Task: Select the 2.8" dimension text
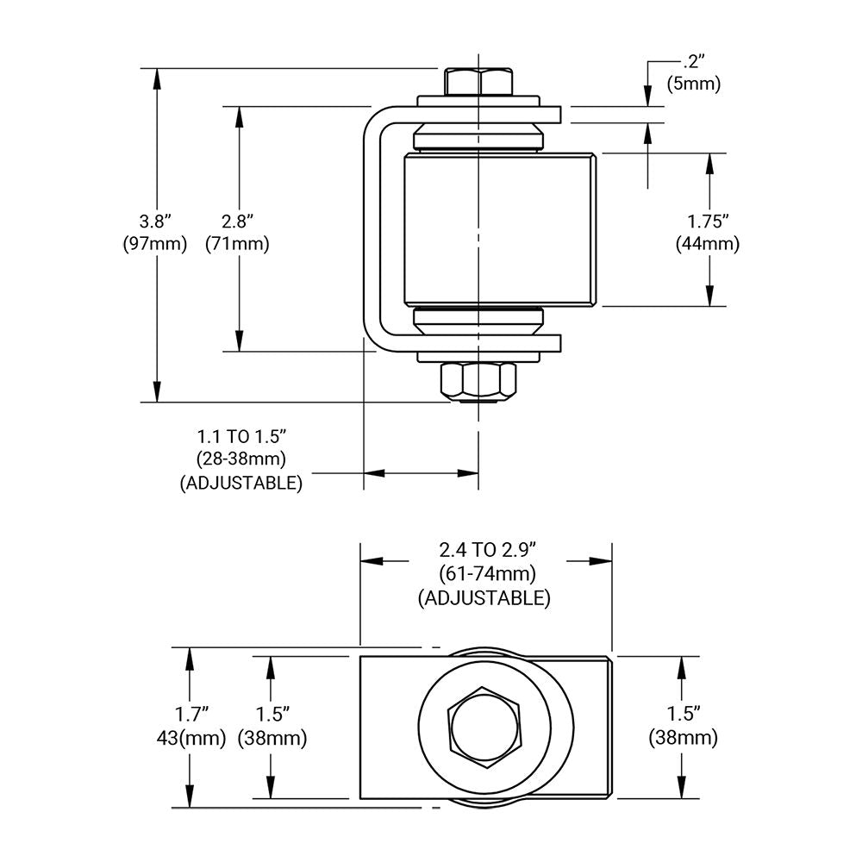click(237, 221)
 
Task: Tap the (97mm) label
click(155, 244)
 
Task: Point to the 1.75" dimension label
click(708, 221)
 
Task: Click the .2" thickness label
click(692, 62)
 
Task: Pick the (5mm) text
click(694, 84)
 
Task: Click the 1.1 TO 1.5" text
click(241, 436)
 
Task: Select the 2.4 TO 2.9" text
click(487, 549)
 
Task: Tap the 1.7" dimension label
click(192, 714)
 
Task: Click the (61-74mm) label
click(487, 573)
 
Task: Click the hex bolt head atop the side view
click(478, 82)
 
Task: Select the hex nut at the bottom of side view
click(478, 381)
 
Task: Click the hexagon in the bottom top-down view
click(484, 727)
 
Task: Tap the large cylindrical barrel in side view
click(498, 228)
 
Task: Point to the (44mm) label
click(708, 244)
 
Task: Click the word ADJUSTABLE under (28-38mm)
click(241, 483)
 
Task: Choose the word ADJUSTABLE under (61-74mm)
click(484, 597)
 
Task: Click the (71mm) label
click(237, 244)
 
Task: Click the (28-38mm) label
click(241, 459)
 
